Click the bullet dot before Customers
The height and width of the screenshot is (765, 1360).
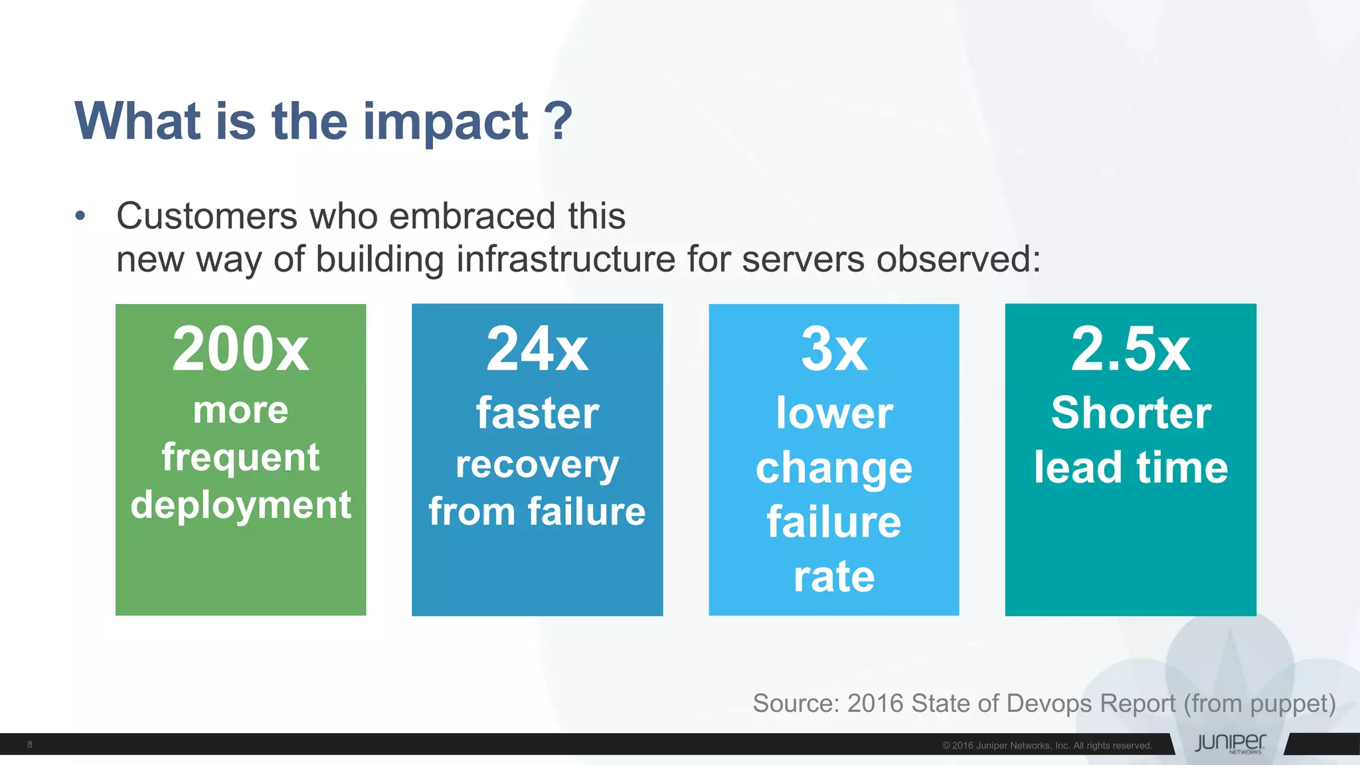point(80,216)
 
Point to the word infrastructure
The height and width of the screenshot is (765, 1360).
point(566,259)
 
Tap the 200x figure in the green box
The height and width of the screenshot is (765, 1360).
point(240,349)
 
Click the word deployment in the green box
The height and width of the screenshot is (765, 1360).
point(240,505)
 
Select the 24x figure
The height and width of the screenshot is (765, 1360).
point(537,349)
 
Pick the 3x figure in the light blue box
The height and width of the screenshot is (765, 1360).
point(834,349)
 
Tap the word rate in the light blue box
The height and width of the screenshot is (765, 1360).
point(834,576)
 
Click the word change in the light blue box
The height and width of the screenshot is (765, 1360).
point(834,468)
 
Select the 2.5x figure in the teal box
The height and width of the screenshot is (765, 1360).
point(1130,349)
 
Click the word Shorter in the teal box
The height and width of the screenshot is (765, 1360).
point(1130,413)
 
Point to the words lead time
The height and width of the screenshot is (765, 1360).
point(1130,467)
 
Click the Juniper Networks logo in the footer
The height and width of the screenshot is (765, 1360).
point(1230,743)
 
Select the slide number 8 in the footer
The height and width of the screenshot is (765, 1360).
point(30,744)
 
